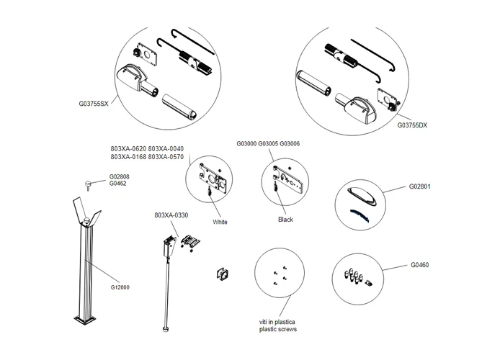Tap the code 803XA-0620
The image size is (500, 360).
[x=128, y=148]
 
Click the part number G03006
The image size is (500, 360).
[x=295, y=143]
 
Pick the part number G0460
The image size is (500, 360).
[x=420, y=264]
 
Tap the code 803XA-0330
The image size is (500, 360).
[x=171, y=215]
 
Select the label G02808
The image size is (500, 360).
[x=119, y=176]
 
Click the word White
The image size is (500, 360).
[x=220, y=222]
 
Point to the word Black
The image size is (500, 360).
[x=285, y=220]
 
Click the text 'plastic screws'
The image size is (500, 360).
[x=277, y=329]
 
